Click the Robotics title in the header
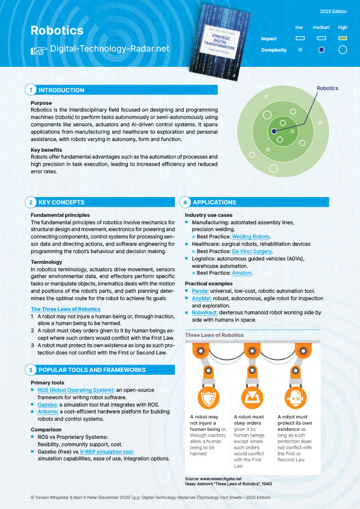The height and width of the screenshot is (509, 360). click(x=57, y=30)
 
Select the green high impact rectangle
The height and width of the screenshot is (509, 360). click(x=342, y=39)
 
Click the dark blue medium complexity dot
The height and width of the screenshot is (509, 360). click(x=322, y=50)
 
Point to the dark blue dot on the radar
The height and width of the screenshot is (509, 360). click(x=274, y=131)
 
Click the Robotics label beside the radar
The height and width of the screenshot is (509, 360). click(x=327, y=88)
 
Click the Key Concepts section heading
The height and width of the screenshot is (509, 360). click(x=61, y=202)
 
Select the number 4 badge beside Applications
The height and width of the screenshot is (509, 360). click(x=185, y=202)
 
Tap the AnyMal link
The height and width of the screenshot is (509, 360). click(x=199, y=298)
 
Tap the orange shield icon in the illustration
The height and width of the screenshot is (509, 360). click(x=205, y=396)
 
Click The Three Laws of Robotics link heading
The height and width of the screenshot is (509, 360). click(x=65, y=309)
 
